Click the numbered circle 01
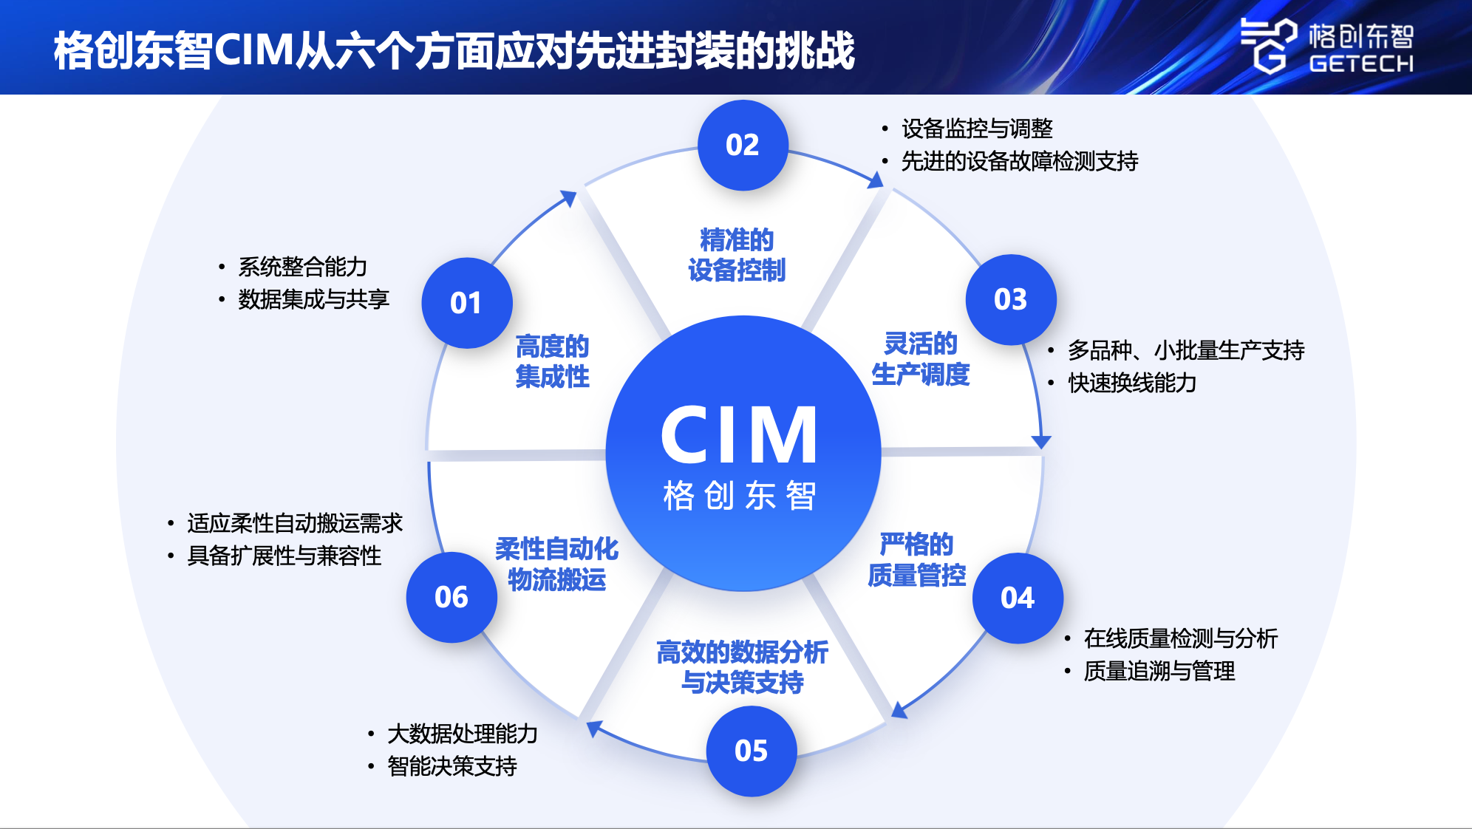466,303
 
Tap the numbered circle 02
743,145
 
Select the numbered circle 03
1010,299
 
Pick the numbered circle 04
1017,598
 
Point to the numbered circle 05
751,751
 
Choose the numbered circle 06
451,597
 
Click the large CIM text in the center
740,436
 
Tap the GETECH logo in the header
1326,46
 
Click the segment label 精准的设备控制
736,255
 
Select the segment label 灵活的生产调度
920,359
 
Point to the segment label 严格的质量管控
916,559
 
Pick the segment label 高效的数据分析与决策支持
742,666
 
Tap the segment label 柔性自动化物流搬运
556,564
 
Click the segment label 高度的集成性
552,361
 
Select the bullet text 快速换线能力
1131,383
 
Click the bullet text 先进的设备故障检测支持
1019,161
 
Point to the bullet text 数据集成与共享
313,299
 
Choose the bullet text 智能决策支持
452,766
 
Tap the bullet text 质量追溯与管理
1159,671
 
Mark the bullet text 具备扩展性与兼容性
284,556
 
